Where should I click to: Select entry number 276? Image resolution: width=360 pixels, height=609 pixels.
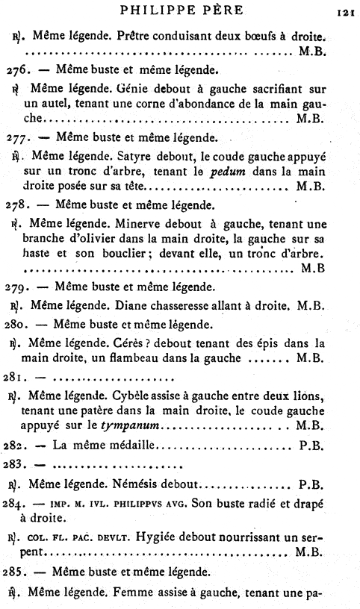click(17, 72)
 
